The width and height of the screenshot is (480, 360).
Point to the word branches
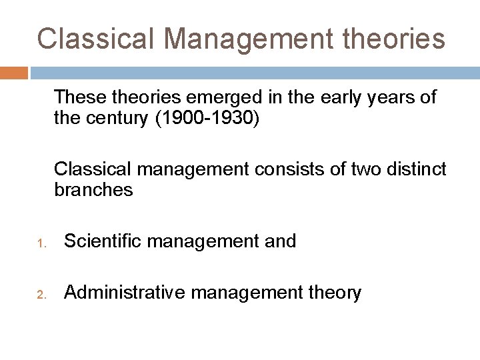[94, 190]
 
